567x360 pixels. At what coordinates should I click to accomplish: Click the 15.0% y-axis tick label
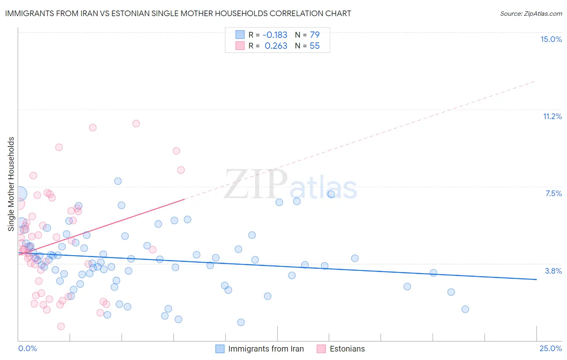pyautogui.click(x=551, y=39)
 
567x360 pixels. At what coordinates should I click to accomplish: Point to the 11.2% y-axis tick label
pyautogui.click(x=552, y=116)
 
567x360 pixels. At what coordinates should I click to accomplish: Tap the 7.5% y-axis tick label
pyautogui.click(x=553, y=193)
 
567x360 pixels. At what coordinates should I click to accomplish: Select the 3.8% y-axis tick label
pyautogui.click(x=553, y=271)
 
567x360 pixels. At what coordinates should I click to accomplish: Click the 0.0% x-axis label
pyautogui.click(x=27, y=348)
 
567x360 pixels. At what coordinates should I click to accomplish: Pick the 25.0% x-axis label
pyautogui.click(x=550, y=348)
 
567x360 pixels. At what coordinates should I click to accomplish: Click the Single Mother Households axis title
pyautogui.click(x=11, y=184)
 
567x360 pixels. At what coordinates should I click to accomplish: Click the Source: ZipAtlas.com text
pyautogui.click(x=531, y=13)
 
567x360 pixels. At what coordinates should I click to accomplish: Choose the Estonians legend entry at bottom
pyautogui.click(x=347, y=349)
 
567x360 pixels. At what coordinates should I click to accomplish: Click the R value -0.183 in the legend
pyautogui.click(x=275, y=35)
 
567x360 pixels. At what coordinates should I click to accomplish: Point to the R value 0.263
pyautogui.click(x=276, y=46)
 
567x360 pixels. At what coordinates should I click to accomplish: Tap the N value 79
pyautogui.click(x=315, y=35)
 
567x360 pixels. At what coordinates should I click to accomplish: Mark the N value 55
pyautogui.click(x=315, y=46)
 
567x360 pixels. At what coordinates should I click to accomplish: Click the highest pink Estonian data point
pyautogui.click(x=136, y=123)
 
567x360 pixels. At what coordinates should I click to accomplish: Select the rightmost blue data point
pyautogui.click(x=465, y=309)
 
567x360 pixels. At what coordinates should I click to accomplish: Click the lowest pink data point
pyautogui.click(x=61, y=326)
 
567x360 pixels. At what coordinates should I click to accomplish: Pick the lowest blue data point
pyautogui.click(x=241, y=322)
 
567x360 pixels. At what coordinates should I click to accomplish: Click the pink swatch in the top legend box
pyautogui.click(x=240, y=46)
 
